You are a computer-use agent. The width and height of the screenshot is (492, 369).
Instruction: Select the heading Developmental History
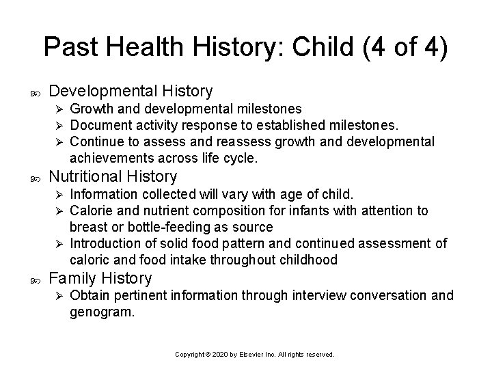click(131, 91)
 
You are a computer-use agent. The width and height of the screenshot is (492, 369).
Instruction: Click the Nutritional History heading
click(113, 177)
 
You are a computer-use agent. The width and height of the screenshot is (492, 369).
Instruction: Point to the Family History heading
click(101, 278)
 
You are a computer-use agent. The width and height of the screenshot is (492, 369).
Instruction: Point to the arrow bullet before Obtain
click(58, 296)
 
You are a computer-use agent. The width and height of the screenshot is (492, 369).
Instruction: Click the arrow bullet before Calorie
click(58, 211)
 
